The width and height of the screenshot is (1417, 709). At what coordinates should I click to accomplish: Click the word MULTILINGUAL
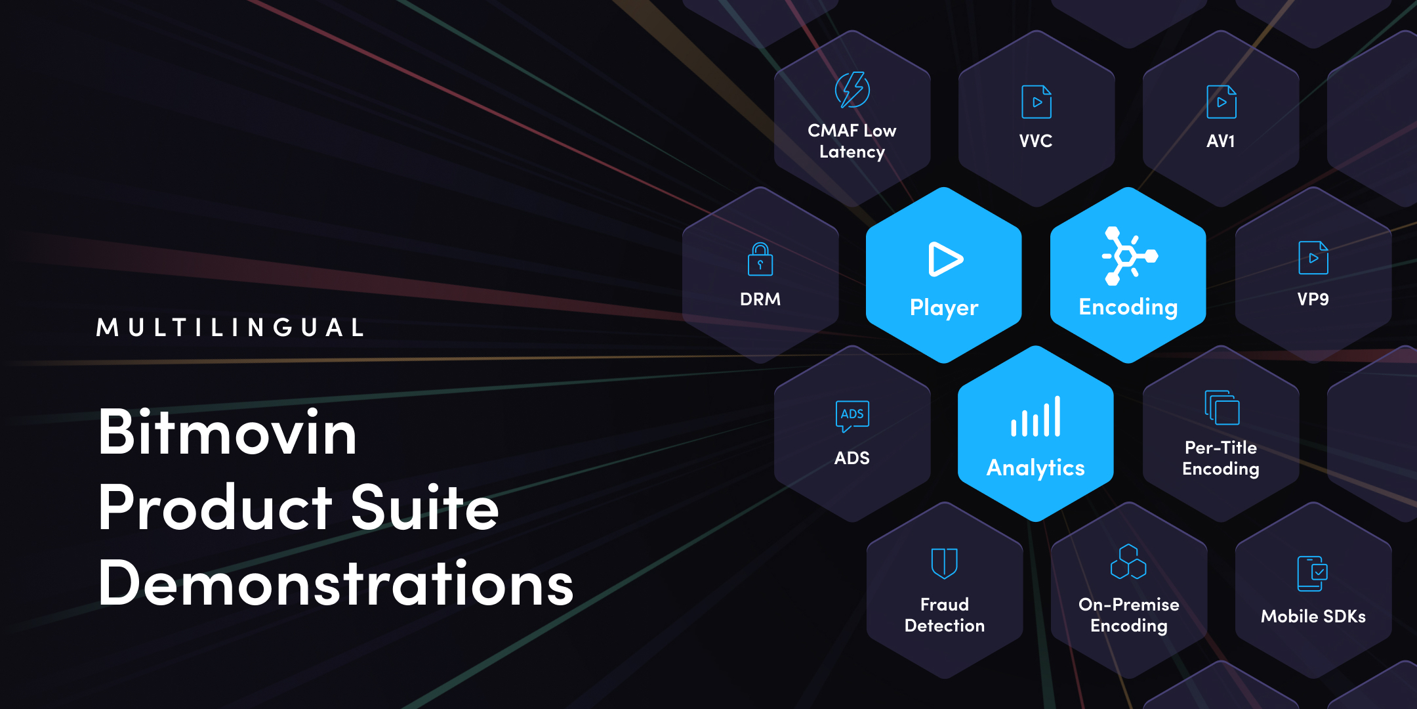[230, 328]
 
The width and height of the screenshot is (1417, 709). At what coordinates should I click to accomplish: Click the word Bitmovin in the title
[228, 433]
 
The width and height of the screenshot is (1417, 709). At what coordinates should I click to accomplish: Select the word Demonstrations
[336, 583]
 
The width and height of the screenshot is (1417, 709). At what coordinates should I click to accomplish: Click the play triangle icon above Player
[945, 259]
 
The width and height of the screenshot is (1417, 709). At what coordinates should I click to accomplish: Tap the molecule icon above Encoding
[1128, 256]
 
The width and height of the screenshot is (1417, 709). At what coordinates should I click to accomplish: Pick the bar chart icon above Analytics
[1036, 417]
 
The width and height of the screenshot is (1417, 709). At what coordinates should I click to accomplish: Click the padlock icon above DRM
[760, 259]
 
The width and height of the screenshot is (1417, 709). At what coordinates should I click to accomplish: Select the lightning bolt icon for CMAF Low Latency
[852, 90]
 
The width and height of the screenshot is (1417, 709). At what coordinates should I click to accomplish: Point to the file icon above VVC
[1037, 102]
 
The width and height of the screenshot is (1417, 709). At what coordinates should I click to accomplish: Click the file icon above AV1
[1221, 102]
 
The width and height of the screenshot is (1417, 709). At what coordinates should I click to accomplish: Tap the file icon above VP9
[1313, 258]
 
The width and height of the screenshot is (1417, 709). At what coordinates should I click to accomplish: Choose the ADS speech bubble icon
[852, 416]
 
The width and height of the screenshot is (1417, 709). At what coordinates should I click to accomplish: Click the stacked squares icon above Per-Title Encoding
[1222, 408]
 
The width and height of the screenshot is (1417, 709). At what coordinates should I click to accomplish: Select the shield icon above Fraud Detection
[945, 563]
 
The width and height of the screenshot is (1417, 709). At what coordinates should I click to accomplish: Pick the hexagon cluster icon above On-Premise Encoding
[1128, 562]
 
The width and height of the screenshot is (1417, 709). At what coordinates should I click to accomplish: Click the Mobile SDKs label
[1313, 616]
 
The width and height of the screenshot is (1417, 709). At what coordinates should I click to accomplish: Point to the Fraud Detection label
[945, 615]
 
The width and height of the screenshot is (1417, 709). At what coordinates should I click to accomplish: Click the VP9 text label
[1313, 299]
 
